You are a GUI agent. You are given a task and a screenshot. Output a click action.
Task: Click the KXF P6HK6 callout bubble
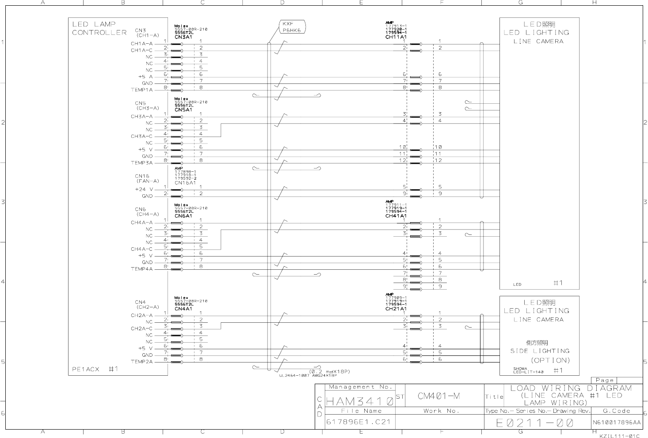click(292, 27)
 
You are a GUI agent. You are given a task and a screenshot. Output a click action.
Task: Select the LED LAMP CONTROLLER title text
click(99, 28)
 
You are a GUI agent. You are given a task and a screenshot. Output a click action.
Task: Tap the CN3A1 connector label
click(183, 37)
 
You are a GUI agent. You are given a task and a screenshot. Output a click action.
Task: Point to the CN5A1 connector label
click(183, 109)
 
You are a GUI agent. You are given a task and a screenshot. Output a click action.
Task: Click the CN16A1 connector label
click(185, 183)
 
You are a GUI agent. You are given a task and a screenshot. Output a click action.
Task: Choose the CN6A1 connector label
click(183, 216)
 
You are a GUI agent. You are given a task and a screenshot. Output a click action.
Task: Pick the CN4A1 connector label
click(183, 309)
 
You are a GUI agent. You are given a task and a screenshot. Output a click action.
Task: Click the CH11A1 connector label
click(396, 37)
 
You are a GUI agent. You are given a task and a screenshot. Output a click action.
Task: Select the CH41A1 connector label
click(396, 216)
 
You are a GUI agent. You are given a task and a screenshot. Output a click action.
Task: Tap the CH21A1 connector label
click(396, 309)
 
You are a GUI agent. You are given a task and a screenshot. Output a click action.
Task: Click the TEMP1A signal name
click(141, 90)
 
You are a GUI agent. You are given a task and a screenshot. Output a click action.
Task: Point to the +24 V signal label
click(144, 189)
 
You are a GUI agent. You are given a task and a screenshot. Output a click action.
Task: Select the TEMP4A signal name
click(141, 269)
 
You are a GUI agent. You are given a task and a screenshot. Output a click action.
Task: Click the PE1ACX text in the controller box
click(86, 369)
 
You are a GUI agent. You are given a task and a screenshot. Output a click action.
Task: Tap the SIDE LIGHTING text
click(540, 351)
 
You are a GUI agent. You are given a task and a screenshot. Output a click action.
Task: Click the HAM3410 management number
click(359, 402)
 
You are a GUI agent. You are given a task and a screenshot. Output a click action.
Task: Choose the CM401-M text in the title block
click(438, 396)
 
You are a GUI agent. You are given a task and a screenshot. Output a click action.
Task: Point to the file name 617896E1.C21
click(358, 422)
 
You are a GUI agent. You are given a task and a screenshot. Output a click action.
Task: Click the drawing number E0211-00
click(534, 423)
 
